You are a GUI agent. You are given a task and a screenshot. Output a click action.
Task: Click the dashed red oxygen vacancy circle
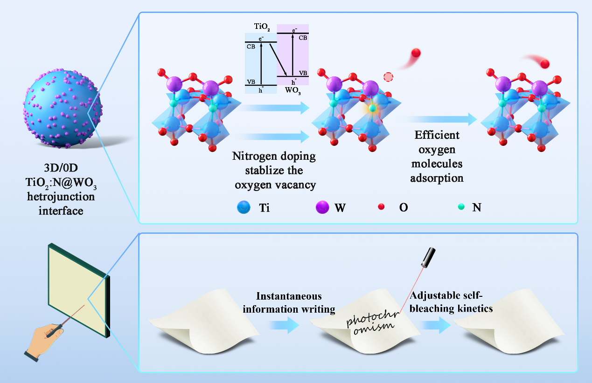pos(388,77)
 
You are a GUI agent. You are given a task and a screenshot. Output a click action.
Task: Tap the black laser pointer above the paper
pos(429,257)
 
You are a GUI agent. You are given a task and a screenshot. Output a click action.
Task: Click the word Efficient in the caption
pos(437,136)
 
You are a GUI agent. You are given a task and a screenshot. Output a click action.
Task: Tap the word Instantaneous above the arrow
pos(289,296)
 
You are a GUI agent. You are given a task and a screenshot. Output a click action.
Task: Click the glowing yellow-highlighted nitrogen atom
pos(372,109)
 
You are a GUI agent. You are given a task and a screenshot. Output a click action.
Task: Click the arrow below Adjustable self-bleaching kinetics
pos(437,324)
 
